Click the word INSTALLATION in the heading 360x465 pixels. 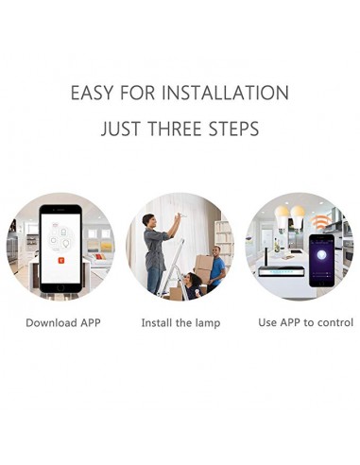pos(225,93)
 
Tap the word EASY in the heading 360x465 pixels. pos(92,93)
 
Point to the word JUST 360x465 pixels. pos(120,129)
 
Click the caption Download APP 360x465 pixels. pos(63,322)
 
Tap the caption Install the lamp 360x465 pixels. pos(180,323)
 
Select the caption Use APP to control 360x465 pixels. pos(305,322)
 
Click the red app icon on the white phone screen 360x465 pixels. pos(61,260)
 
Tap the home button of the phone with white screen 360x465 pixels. pos(60,287)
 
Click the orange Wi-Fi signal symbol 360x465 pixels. pos(320,222)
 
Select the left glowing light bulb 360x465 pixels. pos(282,216)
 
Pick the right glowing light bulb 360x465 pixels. pos(298,216)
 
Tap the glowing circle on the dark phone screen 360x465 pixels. pos(321,254)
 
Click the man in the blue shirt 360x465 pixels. pos(217,267)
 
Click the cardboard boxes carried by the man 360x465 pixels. pos(203,267)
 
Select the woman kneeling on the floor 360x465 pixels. pos(192,286)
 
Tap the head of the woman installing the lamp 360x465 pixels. pos(148,220)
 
